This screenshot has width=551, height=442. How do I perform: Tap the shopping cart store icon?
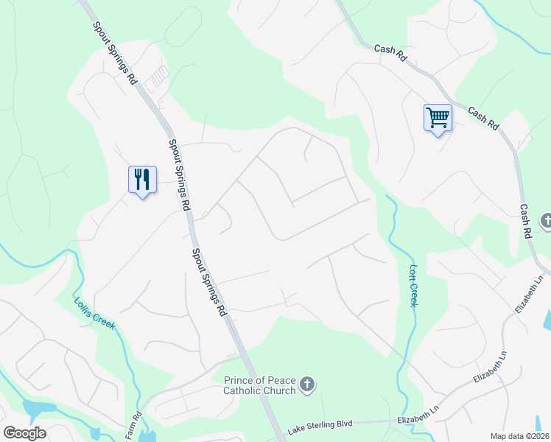438,118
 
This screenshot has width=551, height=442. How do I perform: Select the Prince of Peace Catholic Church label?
259,385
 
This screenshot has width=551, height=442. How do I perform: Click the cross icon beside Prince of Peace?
307,384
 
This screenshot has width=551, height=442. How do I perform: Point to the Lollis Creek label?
94,312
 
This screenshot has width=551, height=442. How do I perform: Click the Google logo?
24,433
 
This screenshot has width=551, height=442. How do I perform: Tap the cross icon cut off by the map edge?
546,220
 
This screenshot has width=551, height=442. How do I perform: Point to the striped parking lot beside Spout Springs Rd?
158,74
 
